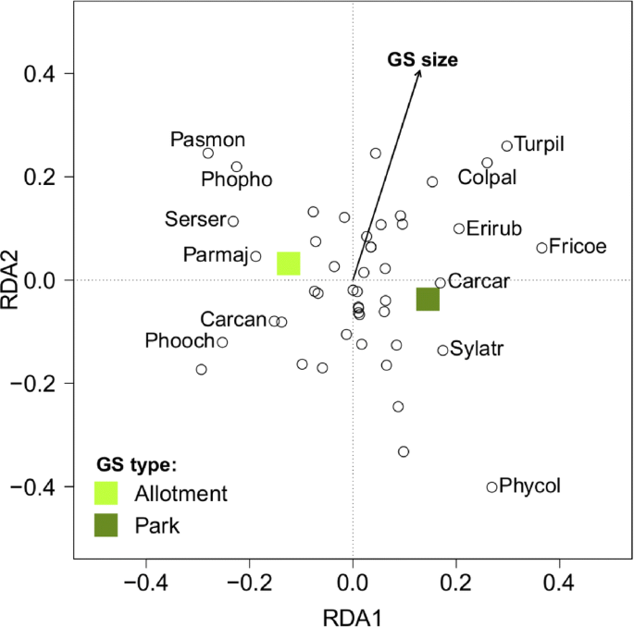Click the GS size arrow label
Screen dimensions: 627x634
tap(422, 60)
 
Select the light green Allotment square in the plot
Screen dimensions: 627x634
tap(290, 264)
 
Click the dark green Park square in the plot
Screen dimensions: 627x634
tap(428, 299)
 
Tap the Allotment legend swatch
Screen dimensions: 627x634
tap(107, 492)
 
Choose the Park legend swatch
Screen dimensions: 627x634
tap(107, 525)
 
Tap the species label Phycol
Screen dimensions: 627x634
tap(529, 485)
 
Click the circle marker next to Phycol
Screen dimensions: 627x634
tap(492, 486)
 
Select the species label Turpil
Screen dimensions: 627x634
tap(539, 144)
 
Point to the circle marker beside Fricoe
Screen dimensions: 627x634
tap(541, 248)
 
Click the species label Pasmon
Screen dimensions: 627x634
tap(208, 140)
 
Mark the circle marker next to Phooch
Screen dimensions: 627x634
tap(222, 342)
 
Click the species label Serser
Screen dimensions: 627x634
tap(194, 220)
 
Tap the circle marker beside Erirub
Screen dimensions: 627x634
tap(459, 228)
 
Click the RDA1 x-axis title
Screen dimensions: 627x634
tap(353, 613)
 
